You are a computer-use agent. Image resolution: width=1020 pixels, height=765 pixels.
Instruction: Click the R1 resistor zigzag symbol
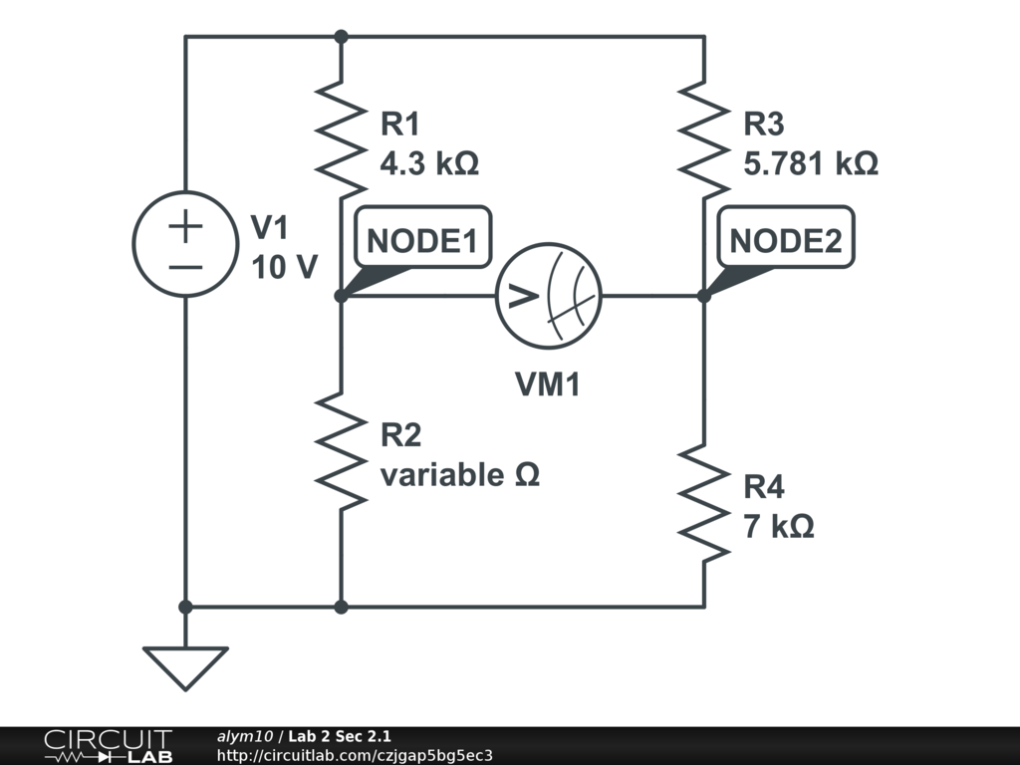tap(341, 139)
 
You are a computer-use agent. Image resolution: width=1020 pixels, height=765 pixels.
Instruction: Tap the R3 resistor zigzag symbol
tap(704, 139)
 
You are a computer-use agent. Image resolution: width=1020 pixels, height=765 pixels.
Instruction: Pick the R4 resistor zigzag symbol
tap(704, 503)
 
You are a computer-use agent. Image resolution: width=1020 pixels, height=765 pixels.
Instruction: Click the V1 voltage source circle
tap(185, 243)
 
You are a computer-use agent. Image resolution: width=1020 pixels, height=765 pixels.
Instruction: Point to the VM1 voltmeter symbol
tap(549, 295)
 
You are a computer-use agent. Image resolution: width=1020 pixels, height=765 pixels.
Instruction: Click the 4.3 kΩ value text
tap(429, 163)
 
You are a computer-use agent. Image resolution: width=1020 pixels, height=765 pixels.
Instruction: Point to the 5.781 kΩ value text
tap(811, 163)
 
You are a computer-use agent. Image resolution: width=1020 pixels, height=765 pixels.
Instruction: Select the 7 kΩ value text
tap(778, 526)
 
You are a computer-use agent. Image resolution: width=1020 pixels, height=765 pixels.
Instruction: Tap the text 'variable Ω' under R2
tap(460, 475)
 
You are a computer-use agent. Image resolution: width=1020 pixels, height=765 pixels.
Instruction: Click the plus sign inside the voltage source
tap(185, 226)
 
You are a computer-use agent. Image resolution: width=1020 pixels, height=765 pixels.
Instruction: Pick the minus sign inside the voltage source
tap(185, 266)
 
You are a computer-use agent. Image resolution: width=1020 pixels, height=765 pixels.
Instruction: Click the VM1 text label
tap(547, 384)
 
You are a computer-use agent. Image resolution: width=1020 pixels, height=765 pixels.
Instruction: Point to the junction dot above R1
tap(341, 37)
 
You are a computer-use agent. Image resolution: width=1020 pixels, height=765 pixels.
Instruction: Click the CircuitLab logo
tap(108, 746)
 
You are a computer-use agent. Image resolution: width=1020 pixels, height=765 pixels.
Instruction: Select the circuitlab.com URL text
tap(355, 755)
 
